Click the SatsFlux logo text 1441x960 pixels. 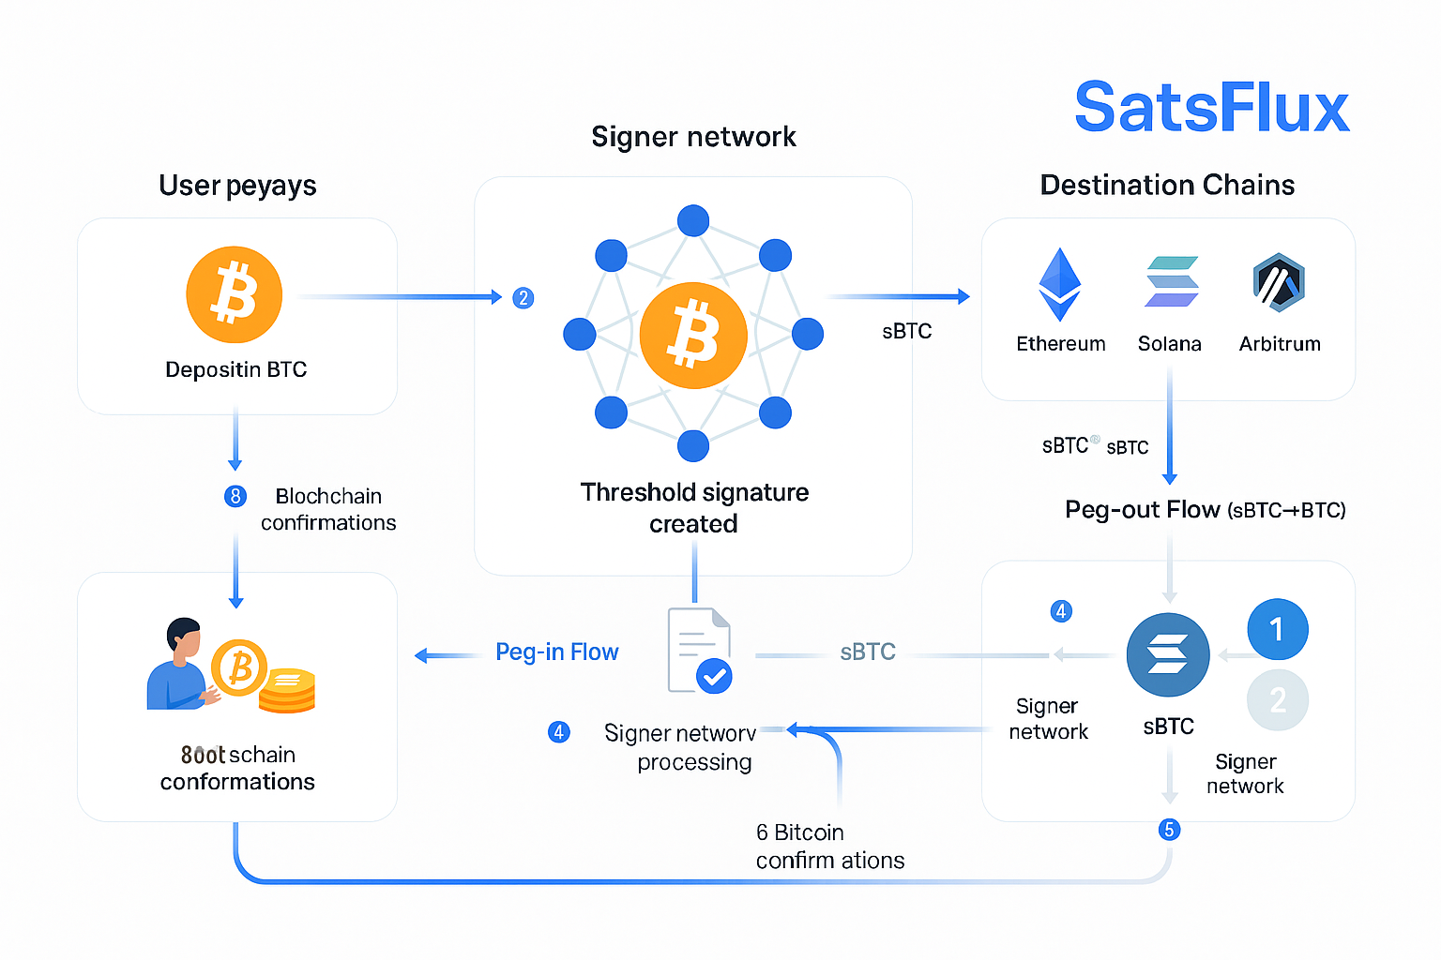pos(1211,108)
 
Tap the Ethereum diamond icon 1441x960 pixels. pos(1060,284)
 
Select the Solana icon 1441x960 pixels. pos(1171,281)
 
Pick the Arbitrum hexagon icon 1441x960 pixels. pos(1279,282)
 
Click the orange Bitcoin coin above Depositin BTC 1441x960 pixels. pos(235,294)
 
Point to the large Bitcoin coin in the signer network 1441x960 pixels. pos(693,335)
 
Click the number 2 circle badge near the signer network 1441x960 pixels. pos(523,298)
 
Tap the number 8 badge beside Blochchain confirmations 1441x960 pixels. pos(235,496)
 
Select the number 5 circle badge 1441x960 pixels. pos(1169,830)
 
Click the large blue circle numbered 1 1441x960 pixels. pos(1277,629)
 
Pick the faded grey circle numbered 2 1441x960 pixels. pos(1277,700)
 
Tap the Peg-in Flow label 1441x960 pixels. pos(556,652)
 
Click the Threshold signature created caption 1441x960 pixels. pos(694,507)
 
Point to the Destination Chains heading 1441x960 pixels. pos(1167,185)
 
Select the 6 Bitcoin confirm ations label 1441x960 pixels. pos(829,846)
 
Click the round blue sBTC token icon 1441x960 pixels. pos(1168,654)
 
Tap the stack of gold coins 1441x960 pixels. pos(287,691)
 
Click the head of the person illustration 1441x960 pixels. pos(185,637)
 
